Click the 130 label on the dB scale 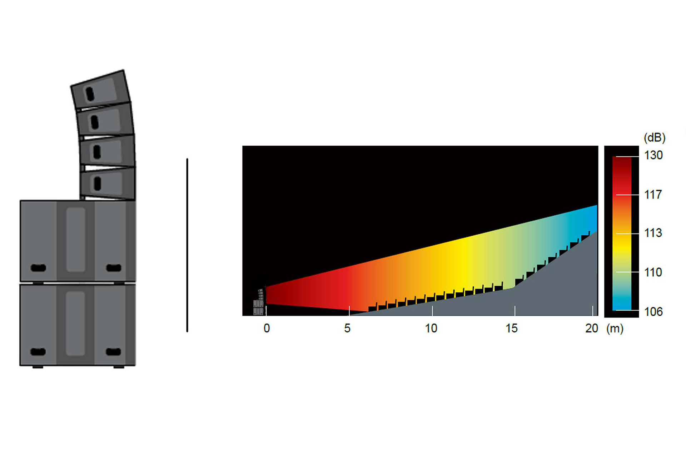(653, 155)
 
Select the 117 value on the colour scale (653, 195)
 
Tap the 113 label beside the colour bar (653, 233)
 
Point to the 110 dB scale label (653, 272)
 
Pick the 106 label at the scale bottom (653, 312)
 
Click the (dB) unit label (655, 137)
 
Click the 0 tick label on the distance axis (267, 328)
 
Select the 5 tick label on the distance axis (347, 328)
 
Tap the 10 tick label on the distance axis (431, 328)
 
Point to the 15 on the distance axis (511, 328)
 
